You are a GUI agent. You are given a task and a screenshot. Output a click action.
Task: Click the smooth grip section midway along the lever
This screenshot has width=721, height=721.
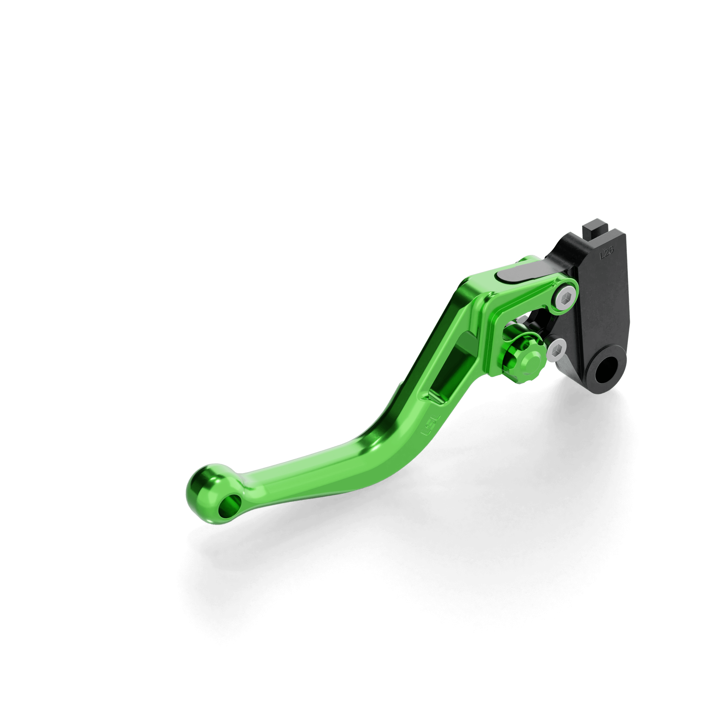click(330, 469)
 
